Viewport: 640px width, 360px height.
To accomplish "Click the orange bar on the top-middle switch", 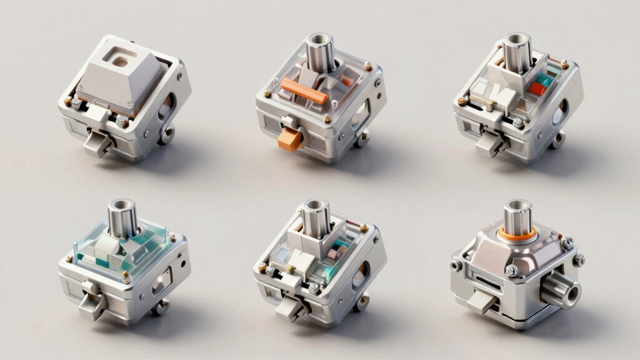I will [x=302, y=91].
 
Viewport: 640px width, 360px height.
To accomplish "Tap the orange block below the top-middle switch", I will [x=289, y=139].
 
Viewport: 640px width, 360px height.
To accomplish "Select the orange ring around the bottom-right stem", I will [x=517, y=234].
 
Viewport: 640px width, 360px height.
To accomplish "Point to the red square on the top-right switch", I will [x=537, y=88].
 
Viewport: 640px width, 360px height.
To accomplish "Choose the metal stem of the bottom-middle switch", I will [x=316, y=219].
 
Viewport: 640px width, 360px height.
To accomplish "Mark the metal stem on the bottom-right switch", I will [x=518, y=216].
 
